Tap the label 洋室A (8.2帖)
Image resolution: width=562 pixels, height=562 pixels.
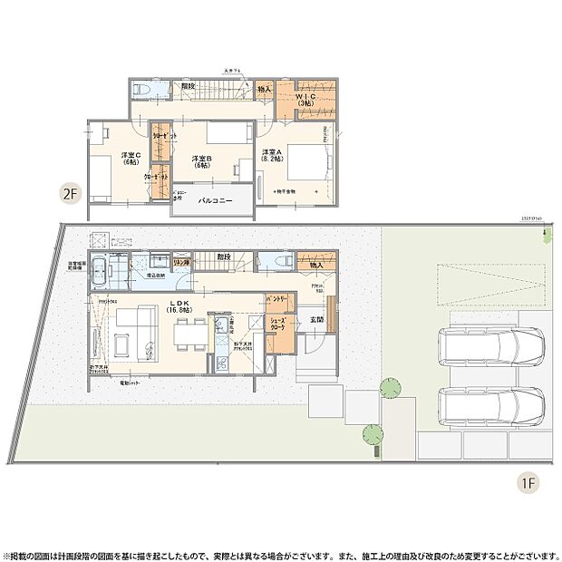click(271, 156)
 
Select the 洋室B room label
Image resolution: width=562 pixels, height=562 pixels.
click(200, 162)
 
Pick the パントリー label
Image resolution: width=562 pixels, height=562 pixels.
click(276, 298)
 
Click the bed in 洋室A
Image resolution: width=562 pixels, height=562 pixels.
click(308, 162)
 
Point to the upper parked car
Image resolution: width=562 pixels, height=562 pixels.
click(490, 345)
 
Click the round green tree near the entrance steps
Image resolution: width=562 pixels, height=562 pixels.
click(389, 389)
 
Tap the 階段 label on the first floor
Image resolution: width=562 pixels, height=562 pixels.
click(223, 257)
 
